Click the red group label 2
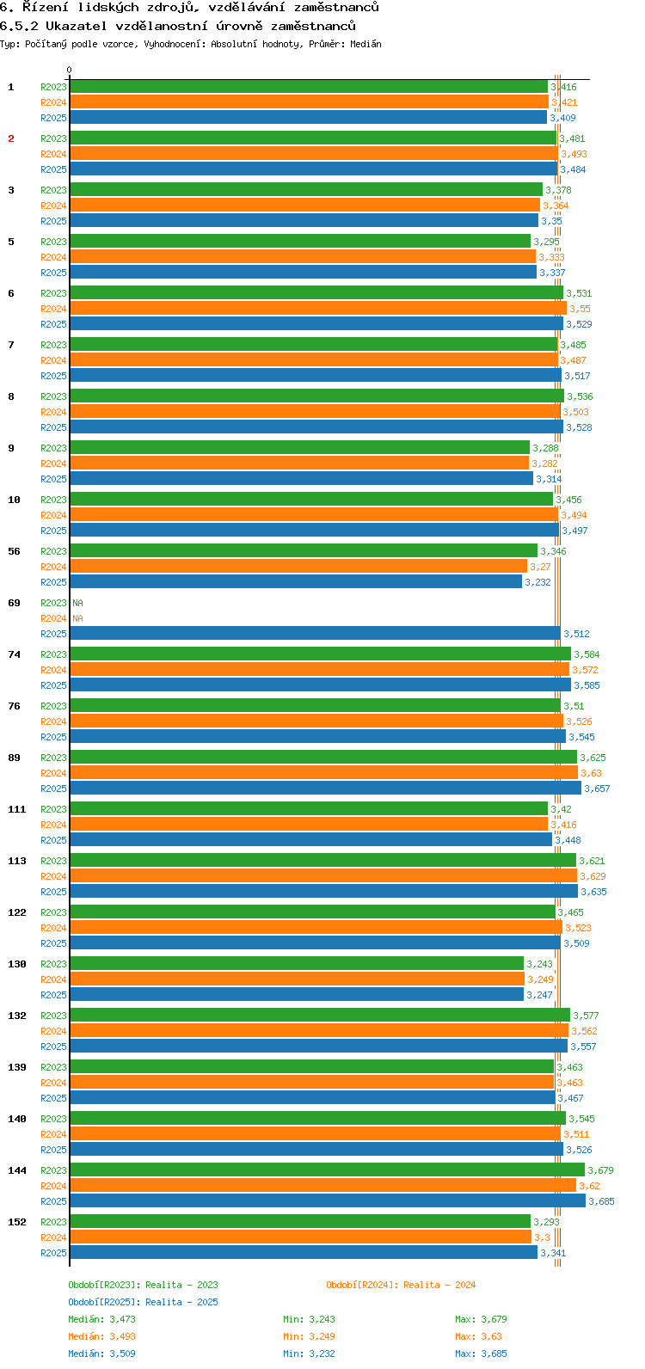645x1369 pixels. [11, 138]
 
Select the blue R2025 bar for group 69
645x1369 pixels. [315, 634]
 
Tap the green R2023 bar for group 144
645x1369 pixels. [327, 1170]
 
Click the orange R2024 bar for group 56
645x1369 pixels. [298, 567]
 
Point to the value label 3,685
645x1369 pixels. [601, 1201]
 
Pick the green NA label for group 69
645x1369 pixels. [77, 603]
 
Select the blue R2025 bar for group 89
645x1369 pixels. [325, 789]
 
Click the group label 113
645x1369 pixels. [17, 861]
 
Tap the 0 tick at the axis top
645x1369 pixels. [70, 71]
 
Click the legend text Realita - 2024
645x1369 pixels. [439, 1285]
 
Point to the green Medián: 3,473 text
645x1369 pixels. [101, 1319]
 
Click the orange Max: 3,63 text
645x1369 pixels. [478, 1336]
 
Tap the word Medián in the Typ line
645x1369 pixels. [365, 44]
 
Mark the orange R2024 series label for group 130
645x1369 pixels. [53, 979]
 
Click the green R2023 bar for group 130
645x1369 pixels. [297, 964]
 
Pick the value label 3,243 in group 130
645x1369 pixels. [539, 964]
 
